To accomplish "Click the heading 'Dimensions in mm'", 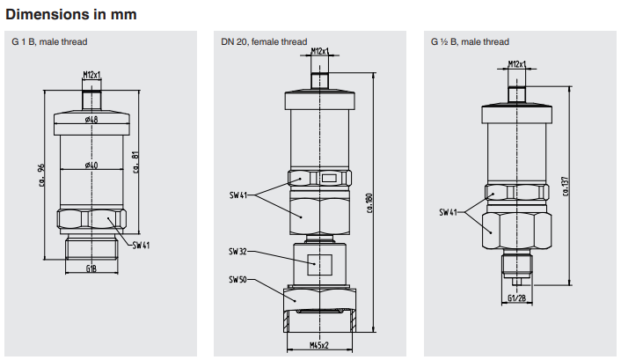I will pos(70,15).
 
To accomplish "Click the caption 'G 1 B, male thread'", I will pos(49,42).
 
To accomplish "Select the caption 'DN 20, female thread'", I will pos(263,42).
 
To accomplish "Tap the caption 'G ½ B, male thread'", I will pos(470,42).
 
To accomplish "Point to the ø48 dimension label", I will pos(91,120).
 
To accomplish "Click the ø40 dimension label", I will pos(91,165).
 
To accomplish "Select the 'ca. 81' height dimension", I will pos(136,162).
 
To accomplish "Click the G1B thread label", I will pos(91,268).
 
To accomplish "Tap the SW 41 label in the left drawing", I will pos(141,245).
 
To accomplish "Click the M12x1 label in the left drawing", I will pos(92,76).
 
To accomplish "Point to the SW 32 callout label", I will pos(239,252).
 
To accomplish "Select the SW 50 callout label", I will pos(239,281).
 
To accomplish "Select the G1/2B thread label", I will pos(519,297).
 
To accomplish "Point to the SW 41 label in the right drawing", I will pos(449,212).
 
